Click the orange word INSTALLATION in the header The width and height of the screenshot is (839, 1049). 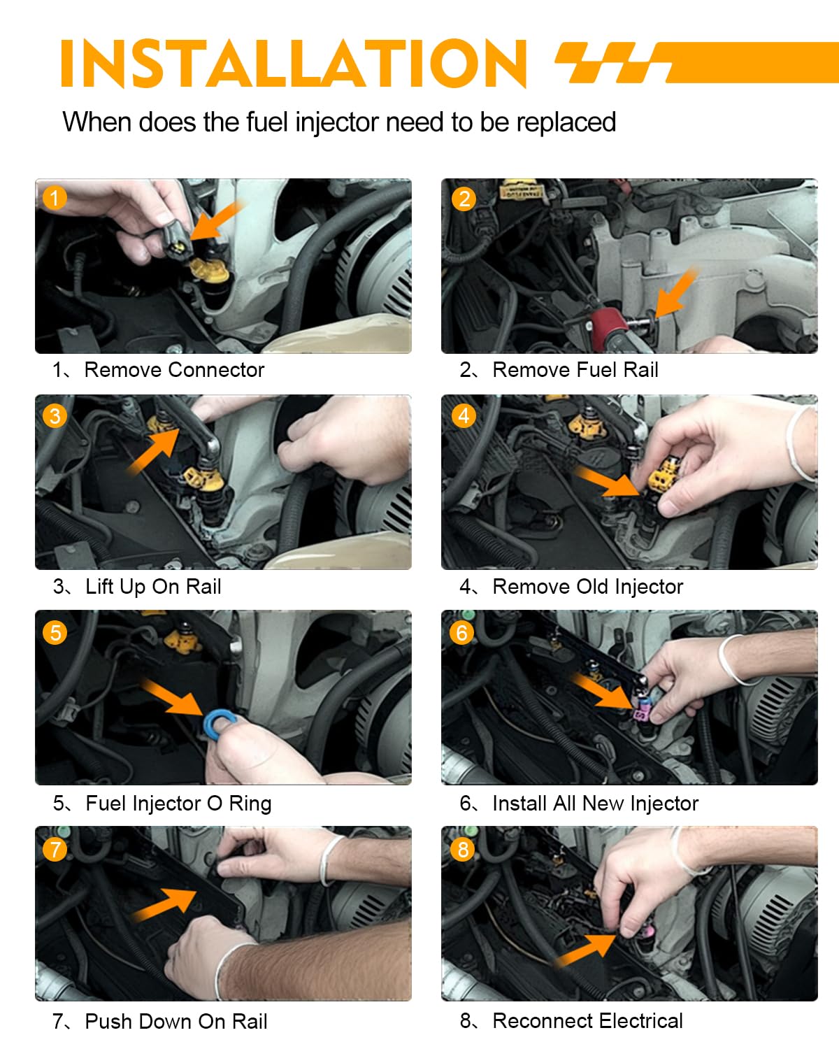293,64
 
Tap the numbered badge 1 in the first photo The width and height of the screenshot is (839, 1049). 55,198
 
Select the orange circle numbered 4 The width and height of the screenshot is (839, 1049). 464,416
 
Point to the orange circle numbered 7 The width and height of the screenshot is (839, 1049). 55,849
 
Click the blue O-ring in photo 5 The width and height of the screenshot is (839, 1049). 220,723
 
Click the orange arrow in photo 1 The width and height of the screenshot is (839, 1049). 215,220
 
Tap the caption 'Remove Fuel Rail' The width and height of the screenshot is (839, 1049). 575,370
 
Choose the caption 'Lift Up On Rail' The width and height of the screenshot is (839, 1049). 154,587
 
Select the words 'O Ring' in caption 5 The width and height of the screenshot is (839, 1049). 239,804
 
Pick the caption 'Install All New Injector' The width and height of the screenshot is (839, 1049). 595,804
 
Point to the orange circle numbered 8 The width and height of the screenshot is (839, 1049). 462,849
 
